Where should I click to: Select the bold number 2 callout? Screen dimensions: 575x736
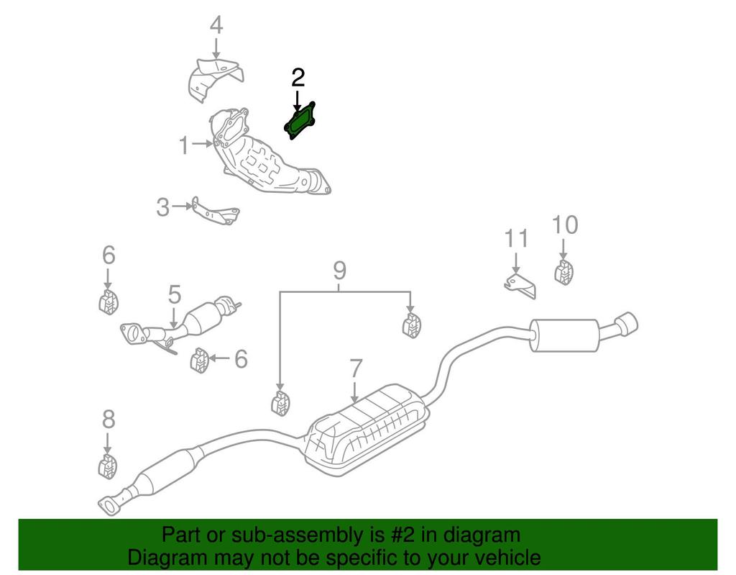(x=298, y=78)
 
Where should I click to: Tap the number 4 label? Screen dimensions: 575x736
(x=216, y=26)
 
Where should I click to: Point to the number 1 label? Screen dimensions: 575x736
(x=184, y=146)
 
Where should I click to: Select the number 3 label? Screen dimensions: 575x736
(x=163, y=208)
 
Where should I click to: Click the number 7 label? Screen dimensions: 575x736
(x=355, y=370)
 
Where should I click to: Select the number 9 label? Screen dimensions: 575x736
(x=339, y=271)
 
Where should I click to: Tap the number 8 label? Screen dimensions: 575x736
(x=108, y=418)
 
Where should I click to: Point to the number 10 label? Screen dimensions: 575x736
(x=564, y=225)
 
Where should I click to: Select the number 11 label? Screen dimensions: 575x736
(x=515, y=237)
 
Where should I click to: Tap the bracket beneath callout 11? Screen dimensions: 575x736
(x=520, y=285)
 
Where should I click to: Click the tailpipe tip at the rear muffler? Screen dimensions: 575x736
(x=627, y=323)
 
